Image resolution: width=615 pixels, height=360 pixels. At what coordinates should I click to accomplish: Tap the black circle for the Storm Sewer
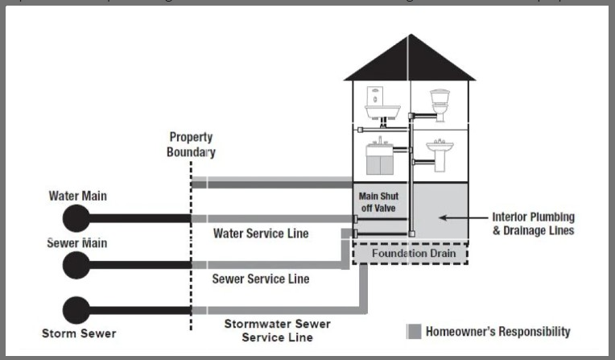click(x=76, y=309)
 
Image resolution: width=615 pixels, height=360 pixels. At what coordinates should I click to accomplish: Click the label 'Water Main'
click(x=77, y=196)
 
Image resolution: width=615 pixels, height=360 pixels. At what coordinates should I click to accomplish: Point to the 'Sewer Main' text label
click(x=77, y=242)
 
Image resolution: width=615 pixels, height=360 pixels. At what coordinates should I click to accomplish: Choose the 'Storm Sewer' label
click(x=79, y=333)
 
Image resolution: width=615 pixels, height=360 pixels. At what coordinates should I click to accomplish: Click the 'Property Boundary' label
click(x=192, y=144)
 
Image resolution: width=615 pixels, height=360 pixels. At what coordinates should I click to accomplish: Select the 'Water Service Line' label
click(x=262, y=234)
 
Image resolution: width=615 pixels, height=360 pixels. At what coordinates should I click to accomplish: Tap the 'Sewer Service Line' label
click(x=261, y=279)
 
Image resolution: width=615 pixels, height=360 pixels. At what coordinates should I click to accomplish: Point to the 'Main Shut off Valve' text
click(x=378, y=201)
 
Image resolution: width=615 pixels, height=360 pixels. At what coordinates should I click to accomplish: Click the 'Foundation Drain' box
click(x=413, y=253)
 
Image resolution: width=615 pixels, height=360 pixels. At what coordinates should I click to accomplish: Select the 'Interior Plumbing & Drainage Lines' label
click(x=534, y=224)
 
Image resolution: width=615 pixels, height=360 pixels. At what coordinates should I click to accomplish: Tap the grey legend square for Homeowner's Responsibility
click(x=414, y=331)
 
